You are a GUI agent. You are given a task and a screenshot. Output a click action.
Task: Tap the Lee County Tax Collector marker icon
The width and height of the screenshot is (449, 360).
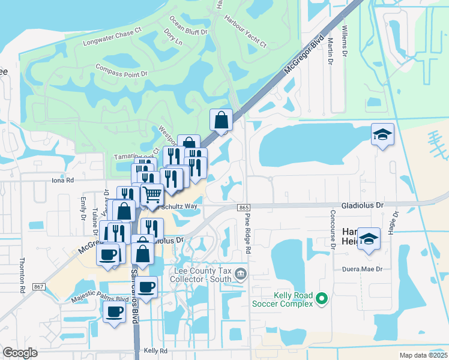pyautogui.click(x=241, y=274)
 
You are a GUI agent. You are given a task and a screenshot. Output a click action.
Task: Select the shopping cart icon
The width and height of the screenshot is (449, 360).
pyautogui.click(x=152, y=194)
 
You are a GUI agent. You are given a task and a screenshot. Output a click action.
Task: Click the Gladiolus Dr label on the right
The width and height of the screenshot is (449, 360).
pyautogui.click(x=362, y=205)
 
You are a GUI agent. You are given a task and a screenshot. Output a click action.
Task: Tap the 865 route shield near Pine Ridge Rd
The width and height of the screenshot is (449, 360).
pyautogui.click(x=243, y=207)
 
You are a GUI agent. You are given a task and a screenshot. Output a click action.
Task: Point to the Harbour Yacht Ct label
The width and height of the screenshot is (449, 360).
pyautogui.click(x=245, y=34)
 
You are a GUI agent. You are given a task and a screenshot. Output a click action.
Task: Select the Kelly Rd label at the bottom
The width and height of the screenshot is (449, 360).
pyautogui.click(x=155, y=350)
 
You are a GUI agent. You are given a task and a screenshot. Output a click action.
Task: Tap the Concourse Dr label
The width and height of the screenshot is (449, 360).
pyautogui.click(x=332, y=229)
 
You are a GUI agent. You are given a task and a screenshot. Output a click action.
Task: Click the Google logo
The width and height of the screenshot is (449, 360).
pyautogui.click(x=20, y=353)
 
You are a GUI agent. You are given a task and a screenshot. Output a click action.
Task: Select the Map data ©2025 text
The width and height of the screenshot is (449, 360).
pyautogui.click(x=423, y=355)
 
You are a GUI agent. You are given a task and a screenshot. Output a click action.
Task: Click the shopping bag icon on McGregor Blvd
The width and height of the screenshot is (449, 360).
pyautogui.click(x=221, y=119)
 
